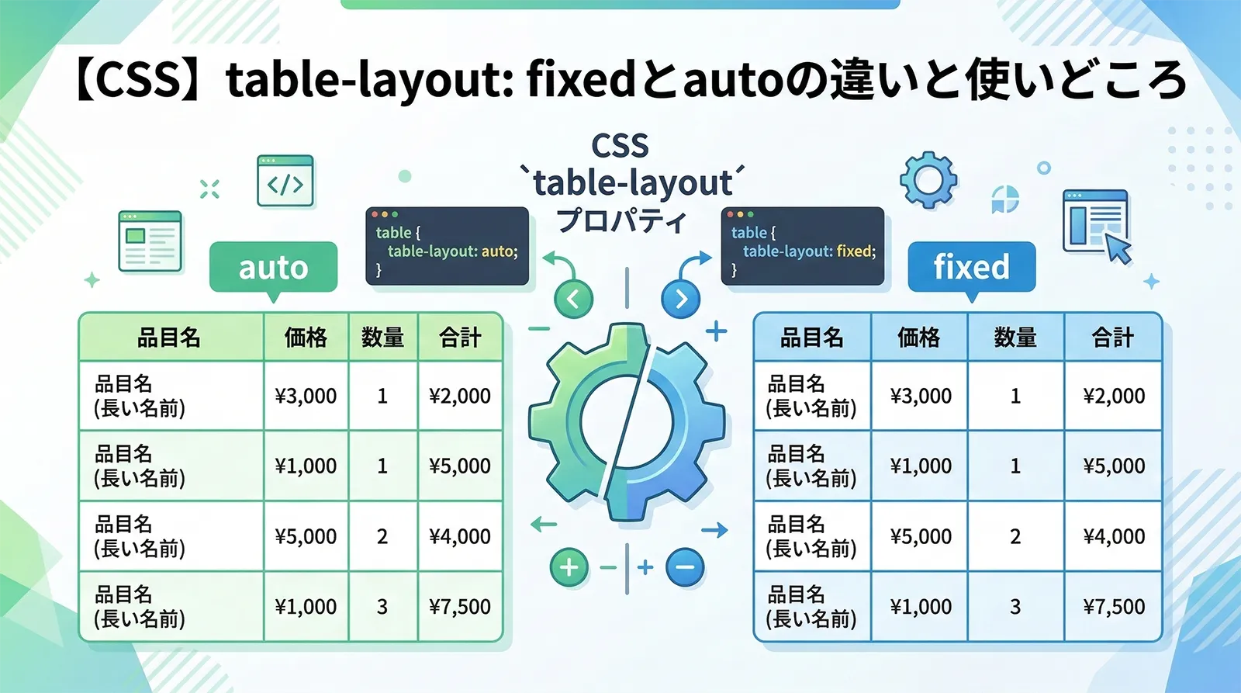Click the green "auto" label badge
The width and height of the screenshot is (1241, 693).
273,268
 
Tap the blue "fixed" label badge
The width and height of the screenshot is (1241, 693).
971,267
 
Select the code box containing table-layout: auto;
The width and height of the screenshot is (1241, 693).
447,246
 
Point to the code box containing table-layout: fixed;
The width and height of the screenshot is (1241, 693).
802,246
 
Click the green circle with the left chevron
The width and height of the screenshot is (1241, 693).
573,299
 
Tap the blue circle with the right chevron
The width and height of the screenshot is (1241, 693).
680,299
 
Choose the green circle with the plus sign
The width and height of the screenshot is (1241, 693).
569,567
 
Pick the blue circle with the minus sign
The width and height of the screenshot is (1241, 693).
684,567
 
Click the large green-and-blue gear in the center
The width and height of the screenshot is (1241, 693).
627,423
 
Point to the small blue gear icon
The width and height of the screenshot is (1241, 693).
928,180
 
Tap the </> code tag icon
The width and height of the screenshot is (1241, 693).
285,182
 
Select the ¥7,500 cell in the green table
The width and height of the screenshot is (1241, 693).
460,607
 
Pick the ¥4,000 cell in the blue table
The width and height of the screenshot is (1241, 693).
1114,536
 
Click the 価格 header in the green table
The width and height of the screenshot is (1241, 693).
306,338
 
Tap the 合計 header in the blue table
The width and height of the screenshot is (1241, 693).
1113,338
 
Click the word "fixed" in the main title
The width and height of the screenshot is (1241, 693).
581,81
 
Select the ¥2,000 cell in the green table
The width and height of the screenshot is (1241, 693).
460,396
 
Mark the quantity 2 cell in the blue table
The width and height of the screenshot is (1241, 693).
1015,536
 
